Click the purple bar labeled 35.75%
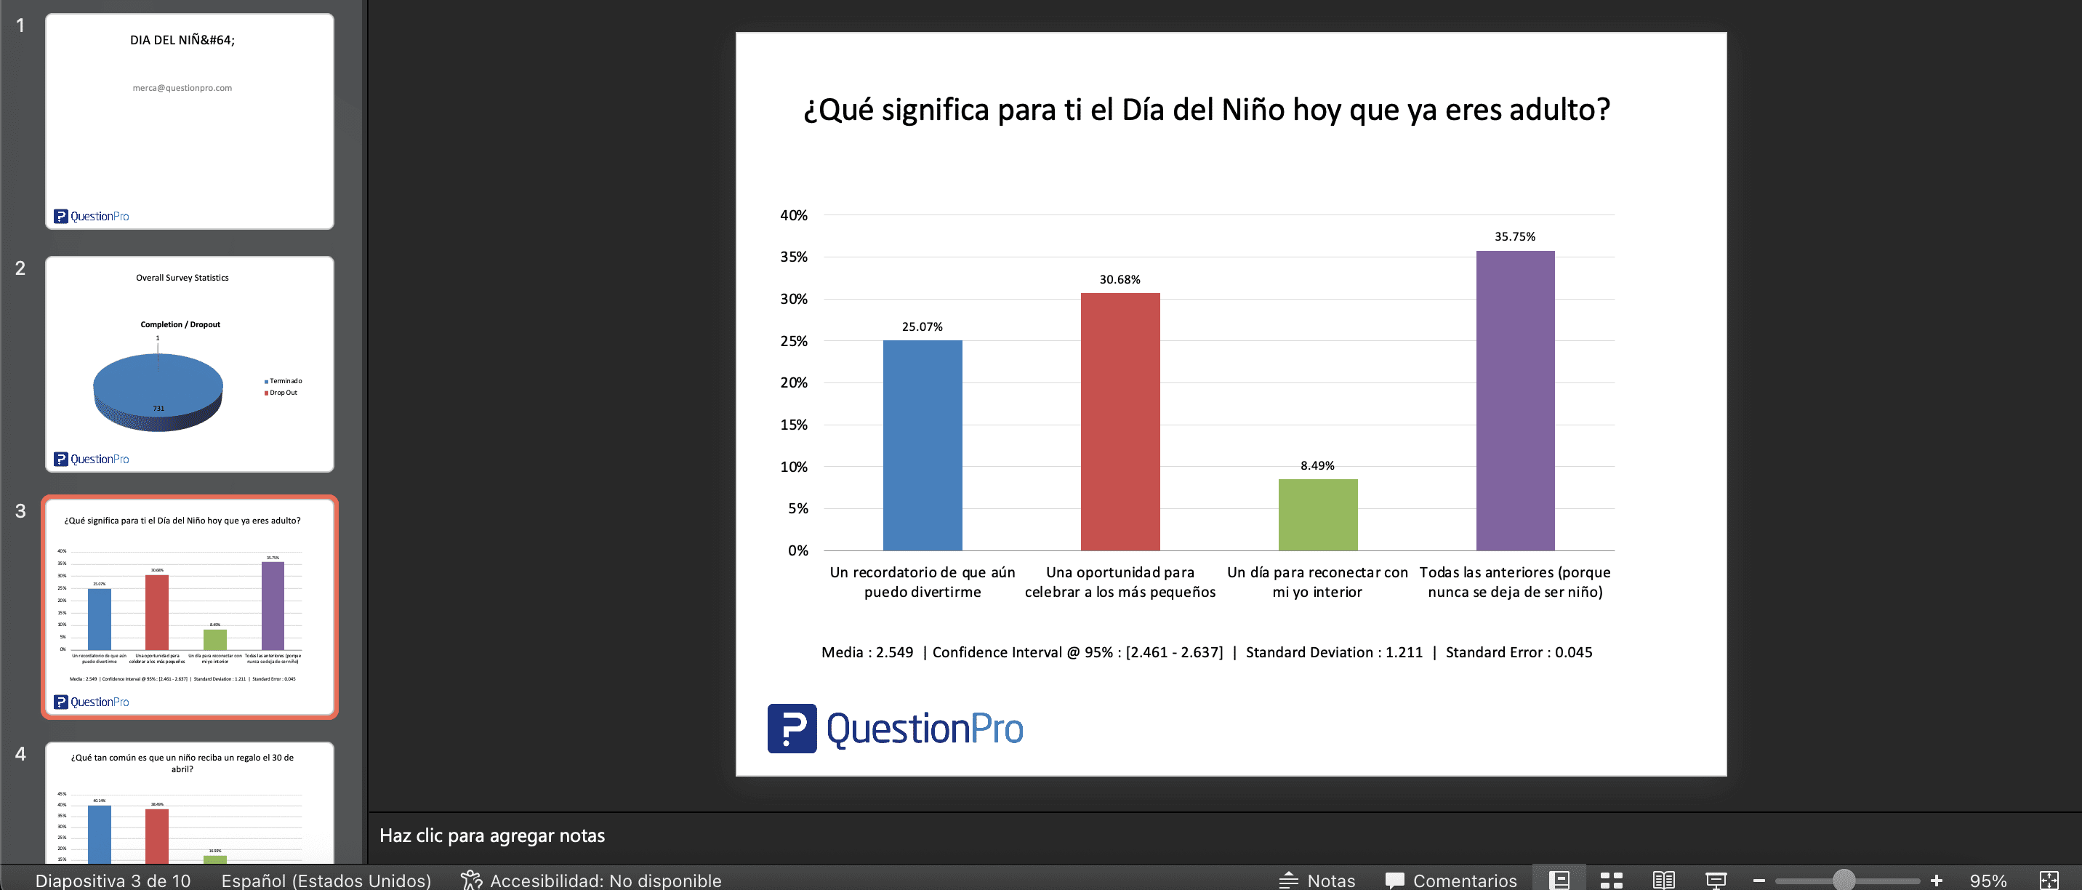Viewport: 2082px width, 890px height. (x=1515, y=400)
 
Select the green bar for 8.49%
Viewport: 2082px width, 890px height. (x=1317, y=515)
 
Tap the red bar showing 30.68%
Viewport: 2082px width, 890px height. (x=1120, y=421)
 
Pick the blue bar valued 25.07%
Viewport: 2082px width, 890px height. (x=923, y=446)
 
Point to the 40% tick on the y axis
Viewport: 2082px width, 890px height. (x=793, y=216)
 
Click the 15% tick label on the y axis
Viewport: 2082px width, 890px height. (x=793, y=425)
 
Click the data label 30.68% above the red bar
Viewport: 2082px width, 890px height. (x=1120, y=280)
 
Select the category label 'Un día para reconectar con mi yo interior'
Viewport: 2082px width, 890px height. (x=1317, y=582)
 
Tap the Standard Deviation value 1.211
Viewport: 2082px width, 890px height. (x=1404, y=652)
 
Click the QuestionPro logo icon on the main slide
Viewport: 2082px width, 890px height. (x=791, y=729)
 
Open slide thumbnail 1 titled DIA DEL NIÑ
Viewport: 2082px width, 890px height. (x=189, y=121)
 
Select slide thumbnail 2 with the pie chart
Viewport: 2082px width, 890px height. (x=189, y=364)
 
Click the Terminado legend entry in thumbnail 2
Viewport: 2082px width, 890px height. (x=284, y=381)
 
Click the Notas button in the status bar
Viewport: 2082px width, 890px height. (x=1317, y=881)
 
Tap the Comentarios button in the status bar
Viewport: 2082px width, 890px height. (x=1451, y=881)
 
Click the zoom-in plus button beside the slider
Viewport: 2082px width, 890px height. (x=1936, y=881)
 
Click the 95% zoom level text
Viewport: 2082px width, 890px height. (x=1987, y=881)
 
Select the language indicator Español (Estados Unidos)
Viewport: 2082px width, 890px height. (x=326, y=881)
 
